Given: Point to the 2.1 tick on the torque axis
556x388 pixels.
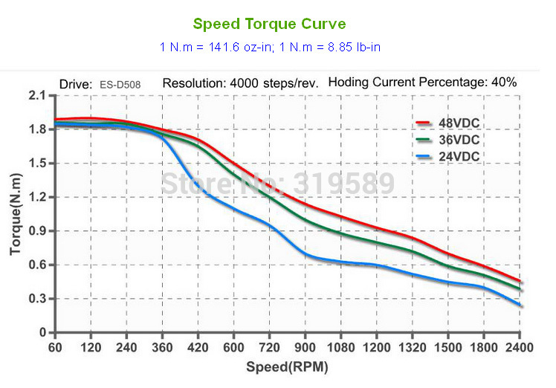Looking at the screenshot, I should tap(37, 96).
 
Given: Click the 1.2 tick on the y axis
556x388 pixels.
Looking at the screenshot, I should tap(37, 197).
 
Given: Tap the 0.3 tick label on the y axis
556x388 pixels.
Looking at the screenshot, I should tap(37, 299).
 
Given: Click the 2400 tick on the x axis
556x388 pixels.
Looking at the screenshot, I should tap(520, 347).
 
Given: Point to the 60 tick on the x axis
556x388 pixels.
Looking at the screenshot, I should tap(54, 347).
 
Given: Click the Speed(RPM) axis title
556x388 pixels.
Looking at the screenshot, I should tap(287, 366).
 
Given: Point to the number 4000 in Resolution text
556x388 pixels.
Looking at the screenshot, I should tap(239, 83).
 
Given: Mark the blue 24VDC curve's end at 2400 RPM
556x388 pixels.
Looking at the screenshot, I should tap(520, 305).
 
